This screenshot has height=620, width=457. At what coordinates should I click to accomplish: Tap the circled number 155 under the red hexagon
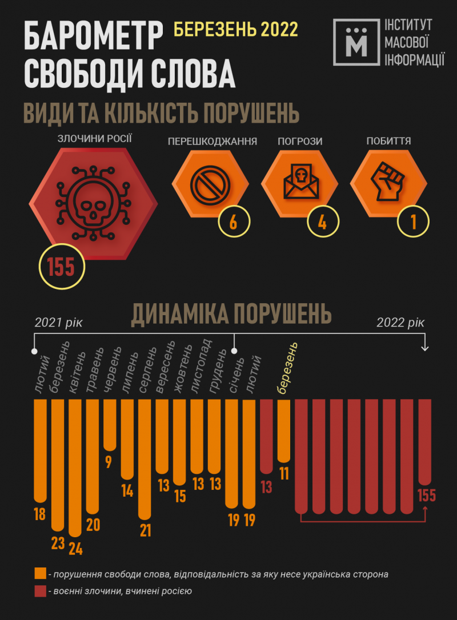coord(62,267)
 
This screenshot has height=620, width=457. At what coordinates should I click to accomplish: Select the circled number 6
coord(233,222)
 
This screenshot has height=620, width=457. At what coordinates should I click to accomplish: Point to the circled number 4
coord(322,222)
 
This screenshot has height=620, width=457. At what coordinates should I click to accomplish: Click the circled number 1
coord(412,222)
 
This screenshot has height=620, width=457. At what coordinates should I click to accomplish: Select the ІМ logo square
coord(357,41)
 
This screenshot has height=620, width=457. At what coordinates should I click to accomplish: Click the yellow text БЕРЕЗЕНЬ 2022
coord(235,29)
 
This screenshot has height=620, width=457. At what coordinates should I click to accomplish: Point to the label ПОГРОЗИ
coord(299,141)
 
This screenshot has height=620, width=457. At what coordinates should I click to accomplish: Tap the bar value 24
coord(75,549)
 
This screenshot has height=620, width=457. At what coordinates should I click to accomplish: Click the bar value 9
coord(109,461)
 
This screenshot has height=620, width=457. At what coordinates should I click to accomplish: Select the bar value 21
coord(145,530)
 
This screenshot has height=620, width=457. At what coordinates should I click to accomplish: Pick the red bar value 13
coord(266,486)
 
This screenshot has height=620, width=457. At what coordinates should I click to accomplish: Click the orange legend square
coord(40,574)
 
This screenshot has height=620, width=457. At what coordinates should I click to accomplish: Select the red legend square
coord(40,591)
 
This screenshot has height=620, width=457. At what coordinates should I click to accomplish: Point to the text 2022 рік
coord(400,323)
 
